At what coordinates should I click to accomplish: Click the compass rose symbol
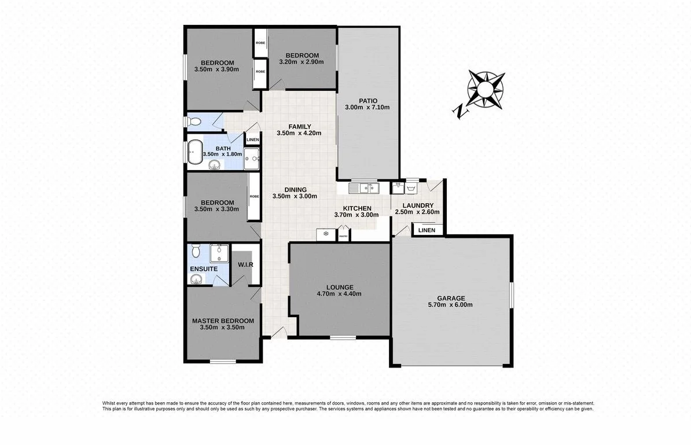click(x=486, y=89)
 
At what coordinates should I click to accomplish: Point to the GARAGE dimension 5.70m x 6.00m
click(x=451, y=305)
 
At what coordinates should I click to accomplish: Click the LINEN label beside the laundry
click(x=427, y=230)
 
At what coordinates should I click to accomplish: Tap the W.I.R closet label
click(x=245, y=265)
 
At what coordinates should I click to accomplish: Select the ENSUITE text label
click(x=204, y=269)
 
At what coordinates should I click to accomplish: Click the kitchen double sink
click(x=365, y=187)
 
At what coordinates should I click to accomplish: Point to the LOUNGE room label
click(x=339, y=287)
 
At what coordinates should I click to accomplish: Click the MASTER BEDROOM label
click(x=223, y=321)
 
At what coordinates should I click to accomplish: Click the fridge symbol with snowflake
click(x=325, y=234)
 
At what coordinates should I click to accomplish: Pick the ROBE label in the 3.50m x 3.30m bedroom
click(x=254, y=196)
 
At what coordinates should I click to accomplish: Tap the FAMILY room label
click(x=300, y=127)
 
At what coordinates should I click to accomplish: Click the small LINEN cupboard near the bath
click(x=252, y=140)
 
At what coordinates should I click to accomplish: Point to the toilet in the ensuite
click(x=196, y=252)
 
